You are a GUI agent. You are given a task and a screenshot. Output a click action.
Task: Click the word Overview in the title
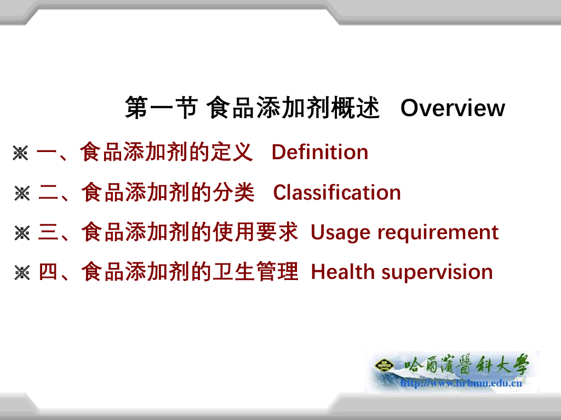pos(453,108)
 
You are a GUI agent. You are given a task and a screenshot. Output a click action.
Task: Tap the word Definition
pos(320,152)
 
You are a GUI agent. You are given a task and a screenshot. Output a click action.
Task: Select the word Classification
pos(337,192)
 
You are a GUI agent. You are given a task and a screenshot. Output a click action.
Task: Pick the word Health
pos(343,272)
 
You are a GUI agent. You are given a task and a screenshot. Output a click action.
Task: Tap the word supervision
pos(437,273)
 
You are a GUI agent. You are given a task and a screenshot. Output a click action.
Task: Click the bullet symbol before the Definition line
pos(20,153)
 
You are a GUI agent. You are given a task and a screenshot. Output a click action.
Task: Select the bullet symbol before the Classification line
pos(22,193)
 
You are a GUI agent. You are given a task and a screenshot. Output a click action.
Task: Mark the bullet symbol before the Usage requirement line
pos(22,233)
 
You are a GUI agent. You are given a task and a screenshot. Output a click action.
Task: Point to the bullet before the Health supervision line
pos(22,273)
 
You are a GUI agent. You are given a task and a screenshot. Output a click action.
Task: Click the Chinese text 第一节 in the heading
pos(162,108)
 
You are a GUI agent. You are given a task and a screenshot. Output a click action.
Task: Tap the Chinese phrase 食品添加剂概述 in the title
pos(293,108)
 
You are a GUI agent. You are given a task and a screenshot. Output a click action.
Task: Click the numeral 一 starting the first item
pos(47,153)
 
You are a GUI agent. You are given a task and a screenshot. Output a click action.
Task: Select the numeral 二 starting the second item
pos(48,192)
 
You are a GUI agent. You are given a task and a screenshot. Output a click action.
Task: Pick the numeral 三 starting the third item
pos(48,232)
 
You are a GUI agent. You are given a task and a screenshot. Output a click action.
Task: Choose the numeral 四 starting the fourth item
pos(48,272)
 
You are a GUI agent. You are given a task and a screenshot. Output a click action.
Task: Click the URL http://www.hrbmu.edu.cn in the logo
pos(461,383)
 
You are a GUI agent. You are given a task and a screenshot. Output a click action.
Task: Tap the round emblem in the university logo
pos(384,365)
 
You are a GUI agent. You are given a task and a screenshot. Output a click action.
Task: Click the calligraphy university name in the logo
pos(467,365)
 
